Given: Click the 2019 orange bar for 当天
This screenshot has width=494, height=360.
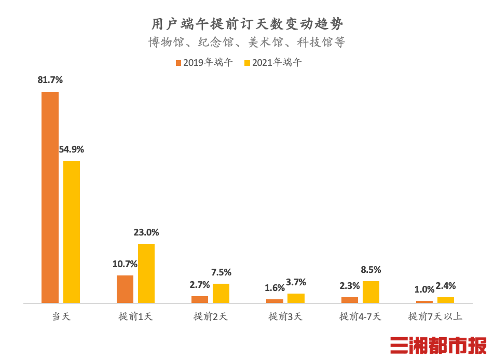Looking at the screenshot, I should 50,197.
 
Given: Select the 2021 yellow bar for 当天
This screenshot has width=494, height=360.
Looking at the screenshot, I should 72,232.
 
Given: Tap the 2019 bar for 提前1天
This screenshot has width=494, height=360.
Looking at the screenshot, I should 125,289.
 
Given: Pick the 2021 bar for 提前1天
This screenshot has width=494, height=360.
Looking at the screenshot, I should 146,273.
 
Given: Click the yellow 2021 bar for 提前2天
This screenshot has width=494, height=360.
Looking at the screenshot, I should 221,293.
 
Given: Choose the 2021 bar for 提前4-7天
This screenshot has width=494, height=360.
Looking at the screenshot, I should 371,292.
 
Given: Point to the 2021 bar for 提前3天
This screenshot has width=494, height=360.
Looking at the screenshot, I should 296,298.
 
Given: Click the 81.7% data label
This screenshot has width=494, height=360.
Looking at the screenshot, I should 50,80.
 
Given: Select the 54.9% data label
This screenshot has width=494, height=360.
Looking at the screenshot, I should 72,149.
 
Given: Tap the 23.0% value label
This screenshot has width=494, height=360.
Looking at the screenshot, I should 146,232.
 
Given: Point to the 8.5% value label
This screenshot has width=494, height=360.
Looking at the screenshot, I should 371,270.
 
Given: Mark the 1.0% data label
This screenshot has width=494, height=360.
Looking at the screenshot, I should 424,289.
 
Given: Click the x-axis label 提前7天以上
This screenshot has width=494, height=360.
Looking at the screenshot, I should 435,316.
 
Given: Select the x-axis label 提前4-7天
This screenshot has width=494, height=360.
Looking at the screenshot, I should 360,316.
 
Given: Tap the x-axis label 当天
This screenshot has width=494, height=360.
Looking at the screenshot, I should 61,316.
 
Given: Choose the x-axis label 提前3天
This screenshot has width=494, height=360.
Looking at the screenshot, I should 285,316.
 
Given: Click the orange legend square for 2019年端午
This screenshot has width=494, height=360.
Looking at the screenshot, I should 179,63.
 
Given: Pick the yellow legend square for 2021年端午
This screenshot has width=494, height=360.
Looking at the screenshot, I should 248,63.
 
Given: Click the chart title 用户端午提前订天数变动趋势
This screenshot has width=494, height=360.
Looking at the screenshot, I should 247,24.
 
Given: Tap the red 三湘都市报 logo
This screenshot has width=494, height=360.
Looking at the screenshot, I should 438,345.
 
